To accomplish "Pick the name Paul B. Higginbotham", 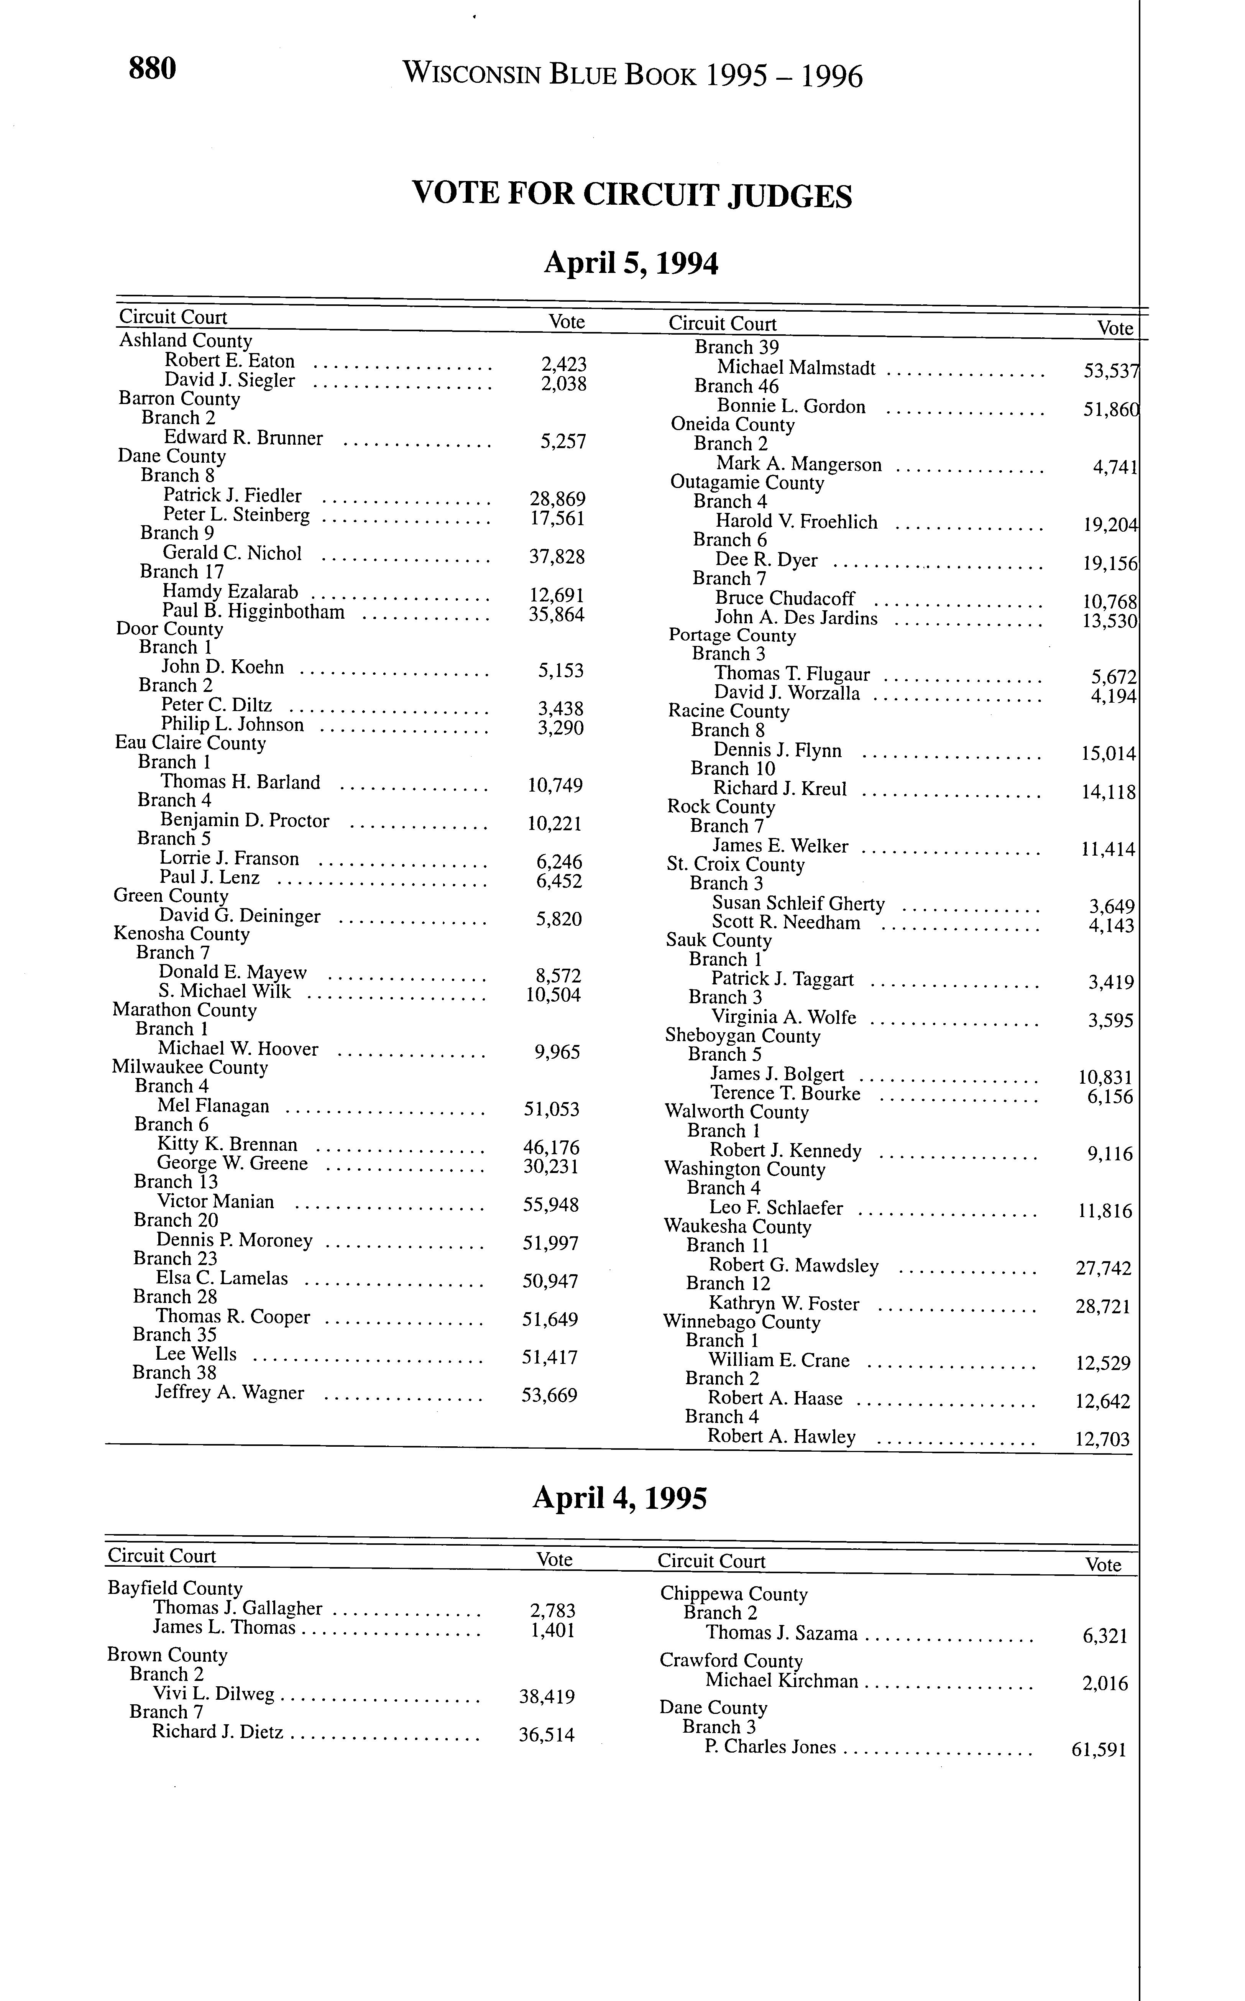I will coord(253,612).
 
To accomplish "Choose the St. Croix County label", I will coord(735,865).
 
